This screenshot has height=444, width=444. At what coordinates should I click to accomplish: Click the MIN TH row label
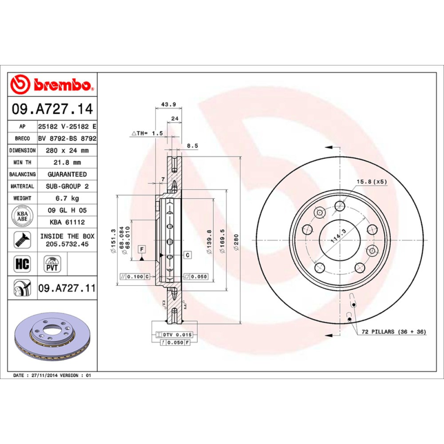point(23,163)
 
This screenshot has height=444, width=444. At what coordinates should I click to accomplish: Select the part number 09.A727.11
point(67,288)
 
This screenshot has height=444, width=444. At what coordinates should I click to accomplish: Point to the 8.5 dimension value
point(192,146)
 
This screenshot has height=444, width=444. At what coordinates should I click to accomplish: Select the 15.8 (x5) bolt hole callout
point(371,181)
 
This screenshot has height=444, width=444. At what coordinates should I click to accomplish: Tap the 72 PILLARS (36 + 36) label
point(394,331)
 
